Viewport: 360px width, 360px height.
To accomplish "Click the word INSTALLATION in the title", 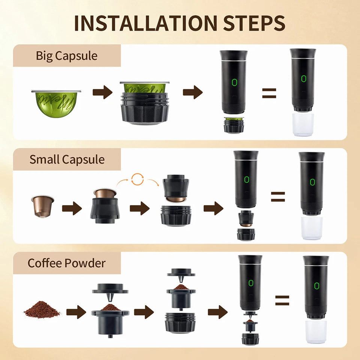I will (x=145, y=23).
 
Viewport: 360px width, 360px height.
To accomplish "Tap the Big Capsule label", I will (x=66, y=56).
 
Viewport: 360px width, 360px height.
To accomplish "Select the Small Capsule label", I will (x=67, y=159).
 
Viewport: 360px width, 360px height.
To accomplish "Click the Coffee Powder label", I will (x=67, y=263).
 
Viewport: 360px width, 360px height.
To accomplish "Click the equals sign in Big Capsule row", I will (x=269, y=93).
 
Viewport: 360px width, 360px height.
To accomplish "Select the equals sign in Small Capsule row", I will (x=278, y=196).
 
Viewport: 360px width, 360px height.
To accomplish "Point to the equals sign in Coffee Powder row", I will (x=282, y=300).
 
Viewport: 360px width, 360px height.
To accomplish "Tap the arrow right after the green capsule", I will (x=102, y=92).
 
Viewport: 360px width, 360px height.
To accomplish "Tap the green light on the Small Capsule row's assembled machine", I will (x=312, y=182).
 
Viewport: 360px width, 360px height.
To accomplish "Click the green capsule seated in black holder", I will (x=144, y=88).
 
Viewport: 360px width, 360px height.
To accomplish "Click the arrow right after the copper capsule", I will (x=72, y=208).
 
